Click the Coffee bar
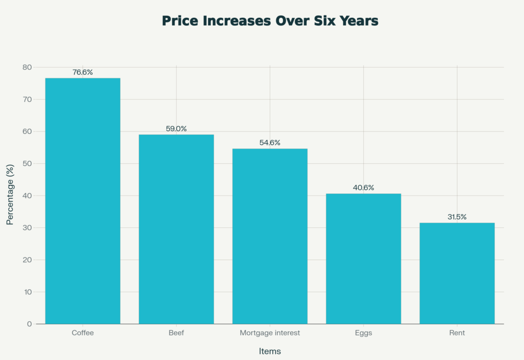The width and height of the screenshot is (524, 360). tap(83, 201)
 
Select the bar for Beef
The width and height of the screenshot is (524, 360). tap(176, 229)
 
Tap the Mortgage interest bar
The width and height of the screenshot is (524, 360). tap(270, 236)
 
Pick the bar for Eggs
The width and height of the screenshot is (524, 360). tap(363, 259)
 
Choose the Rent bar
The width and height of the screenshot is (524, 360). tap(457, 273)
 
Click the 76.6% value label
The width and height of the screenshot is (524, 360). tap(83, 72)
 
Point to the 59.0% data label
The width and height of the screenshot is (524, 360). tap(176, 129)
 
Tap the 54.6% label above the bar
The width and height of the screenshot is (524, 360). tap(270, 143)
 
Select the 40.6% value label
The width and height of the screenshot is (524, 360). tap(363, 188)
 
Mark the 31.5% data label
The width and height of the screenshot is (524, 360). tap(457, 217)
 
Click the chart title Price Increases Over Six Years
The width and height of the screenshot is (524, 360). tap(270, 21)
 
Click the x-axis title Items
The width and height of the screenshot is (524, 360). tap(270, 352)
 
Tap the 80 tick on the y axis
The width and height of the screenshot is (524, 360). tap(27, 68)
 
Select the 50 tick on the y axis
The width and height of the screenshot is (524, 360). tap(27, 164)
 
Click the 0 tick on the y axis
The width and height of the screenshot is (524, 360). tap(29, 324)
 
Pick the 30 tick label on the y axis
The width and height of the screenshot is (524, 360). tap(27, 228)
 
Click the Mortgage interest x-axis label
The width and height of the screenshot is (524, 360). tap(270, 333)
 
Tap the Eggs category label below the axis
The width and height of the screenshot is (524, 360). tap(363, 333)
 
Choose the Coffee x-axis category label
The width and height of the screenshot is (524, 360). tap(83, 333)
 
